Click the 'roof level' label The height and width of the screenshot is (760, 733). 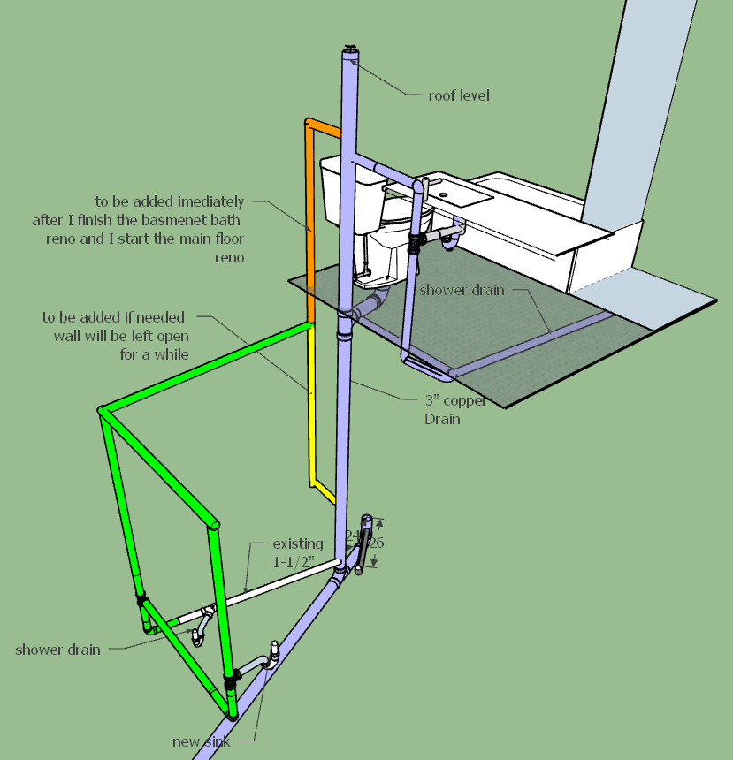(458, 95)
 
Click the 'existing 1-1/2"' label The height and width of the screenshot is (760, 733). (297, 551)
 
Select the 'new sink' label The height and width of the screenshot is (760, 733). (202, 741)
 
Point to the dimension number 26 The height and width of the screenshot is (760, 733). (377, 543)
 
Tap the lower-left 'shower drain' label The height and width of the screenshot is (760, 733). (57, 650)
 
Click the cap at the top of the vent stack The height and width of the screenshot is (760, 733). (352, 52)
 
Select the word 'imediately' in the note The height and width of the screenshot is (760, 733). (212, 202)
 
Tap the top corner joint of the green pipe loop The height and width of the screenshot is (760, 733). (102, 410)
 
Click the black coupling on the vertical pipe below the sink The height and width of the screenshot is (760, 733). (414, 241)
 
